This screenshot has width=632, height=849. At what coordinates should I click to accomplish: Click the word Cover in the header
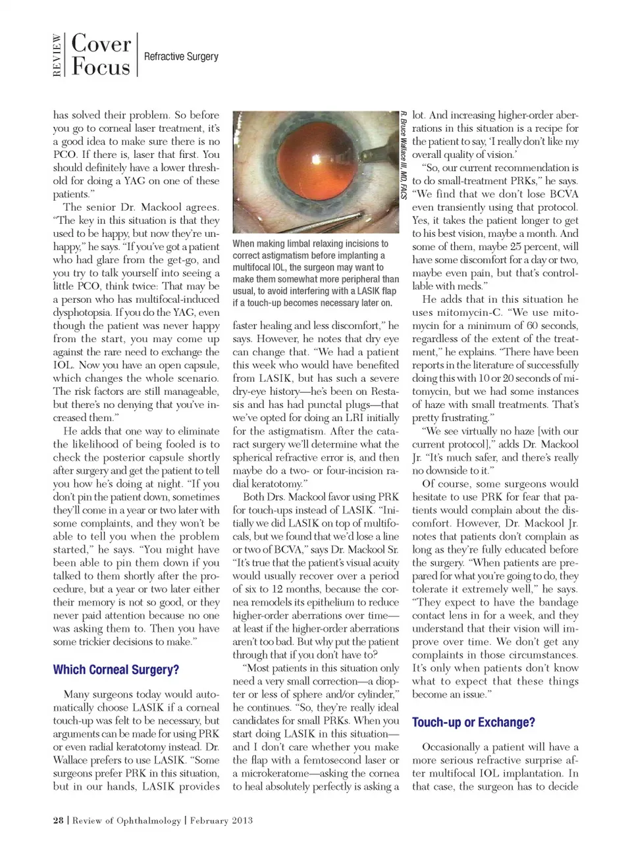[101, 43]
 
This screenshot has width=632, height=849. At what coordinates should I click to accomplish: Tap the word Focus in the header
[101, 67]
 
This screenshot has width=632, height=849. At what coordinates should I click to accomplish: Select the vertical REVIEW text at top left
[57, 55]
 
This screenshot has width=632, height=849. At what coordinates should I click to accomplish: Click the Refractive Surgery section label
[181, 57]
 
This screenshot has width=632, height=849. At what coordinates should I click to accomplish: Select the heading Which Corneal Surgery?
[116, 669]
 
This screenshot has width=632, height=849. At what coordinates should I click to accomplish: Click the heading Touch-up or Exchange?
[473, 722]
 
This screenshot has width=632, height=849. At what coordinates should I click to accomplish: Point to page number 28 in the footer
[59, 820]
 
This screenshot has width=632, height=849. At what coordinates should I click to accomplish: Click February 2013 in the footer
[221, 820]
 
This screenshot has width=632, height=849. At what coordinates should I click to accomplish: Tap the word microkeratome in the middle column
[282, 773]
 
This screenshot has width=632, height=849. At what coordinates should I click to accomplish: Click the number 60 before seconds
[517, 326]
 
